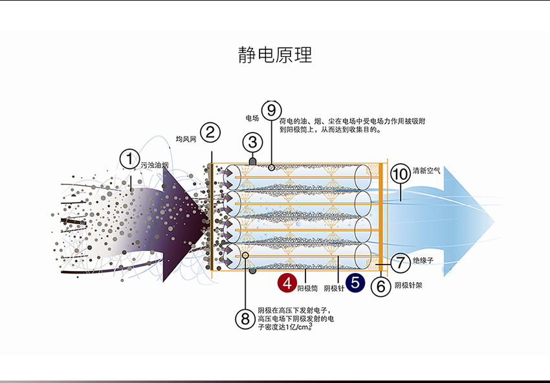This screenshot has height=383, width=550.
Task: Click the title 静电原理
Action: [x=275, y=55]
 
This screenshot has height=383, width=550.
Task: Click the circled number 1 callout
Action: [x=130, y=159]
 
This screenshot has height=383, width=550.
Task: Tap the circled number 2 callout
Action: [x=210, y=133]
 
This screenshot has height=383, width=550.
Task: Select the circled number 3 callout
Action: [x=252, y=142]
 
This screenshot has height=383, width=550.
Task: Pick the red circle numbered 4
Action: [x=287, y=283]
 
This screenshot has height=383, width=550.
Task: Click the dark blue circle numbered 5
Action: [x=355, y=283]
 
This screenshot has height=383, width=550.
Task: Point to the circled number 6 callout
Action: [x=381, y=287]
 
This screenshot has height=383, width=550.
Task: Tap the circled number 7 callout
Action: [x=401, y=263]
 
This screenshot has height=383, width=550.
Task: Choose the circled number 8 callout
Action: [x=245, y=319]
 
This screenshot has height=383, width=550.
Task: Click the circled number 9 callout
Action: [x=272, y=110]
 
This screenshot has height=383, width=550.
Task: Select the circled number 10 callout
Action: [x=401, y=173]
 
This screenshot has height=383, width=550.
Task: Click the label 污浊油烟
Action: [x=155, y=165]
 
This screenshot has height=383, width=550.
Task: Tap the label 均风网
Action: [x=186, y=139]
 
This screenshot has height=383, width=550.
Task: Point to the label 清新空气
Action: [x=426, y=170]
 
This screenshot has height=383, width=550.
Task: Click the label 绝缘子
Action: [x=423, y=260]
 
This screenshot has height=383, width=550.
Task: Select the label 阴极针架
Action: [x=408, y=285]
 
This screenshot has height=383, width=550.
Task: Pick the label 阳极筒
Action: [x=307, y=289]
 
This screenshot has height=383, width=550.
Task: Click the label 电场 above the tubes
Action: [x=252, y=118]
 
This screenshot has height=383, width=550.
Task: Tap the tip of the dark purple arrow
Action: [x=210, y=222]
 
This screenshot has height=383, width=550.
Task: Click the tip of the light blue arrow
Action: [x=494, y=222]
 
